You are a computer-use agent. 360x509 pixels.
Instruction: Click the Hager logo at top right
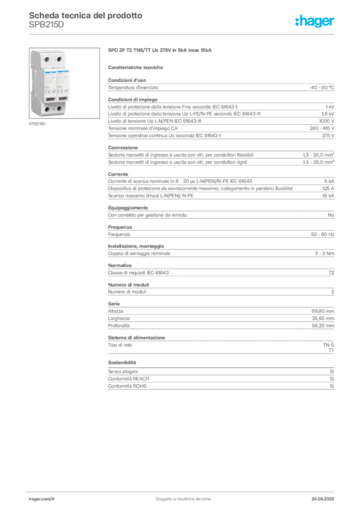[315, 21]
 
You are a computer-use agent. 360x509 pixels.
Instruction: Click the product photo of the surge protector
[64, 83]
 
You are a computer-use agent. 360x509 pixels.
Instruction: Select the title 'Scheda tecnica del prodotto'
[86, 15]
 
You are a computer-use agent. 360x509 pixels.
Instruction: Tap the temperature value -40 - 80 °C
[322, 87]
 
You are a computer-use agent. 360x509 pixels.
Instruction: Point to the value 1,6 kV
[328, 114]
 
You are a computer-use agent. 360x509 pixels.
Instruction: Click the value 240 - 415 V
[322, 128]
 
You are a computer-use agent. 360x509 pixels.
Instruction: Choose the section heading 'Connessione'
[123, 147]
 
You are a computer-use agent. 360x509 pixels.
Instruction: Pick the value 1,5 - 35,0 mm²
[318, 162]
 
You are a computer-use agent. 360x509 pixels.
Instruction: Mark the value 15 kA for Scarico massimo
[328, 196]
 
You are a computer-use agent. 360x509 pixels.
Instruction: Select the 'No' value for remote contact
[331, 215]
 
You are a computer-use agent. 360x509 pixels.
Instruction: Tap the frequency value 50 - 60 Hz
[322, 235]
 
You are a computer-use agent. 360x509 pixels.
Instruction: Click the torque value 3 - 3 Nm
[324, 253]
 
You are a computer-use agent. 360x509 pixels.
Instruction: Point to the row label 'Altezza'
[115, 311]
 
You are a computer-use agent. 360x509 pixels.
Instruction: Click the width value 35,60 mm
[323, 319]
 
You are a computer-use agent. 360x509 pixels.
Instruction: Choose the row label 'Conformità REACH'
[129, 379]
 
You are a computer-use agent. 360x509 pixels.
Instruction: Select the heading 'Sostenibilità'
[122, 362]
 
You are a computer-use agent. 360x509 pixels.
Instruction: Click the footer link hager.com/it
[42, 499]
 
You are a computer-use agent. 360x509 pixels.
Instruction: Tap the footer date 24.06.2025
[323, 499]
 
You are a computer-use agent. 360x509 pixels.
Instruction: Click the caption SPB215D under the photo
[37, 124]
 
